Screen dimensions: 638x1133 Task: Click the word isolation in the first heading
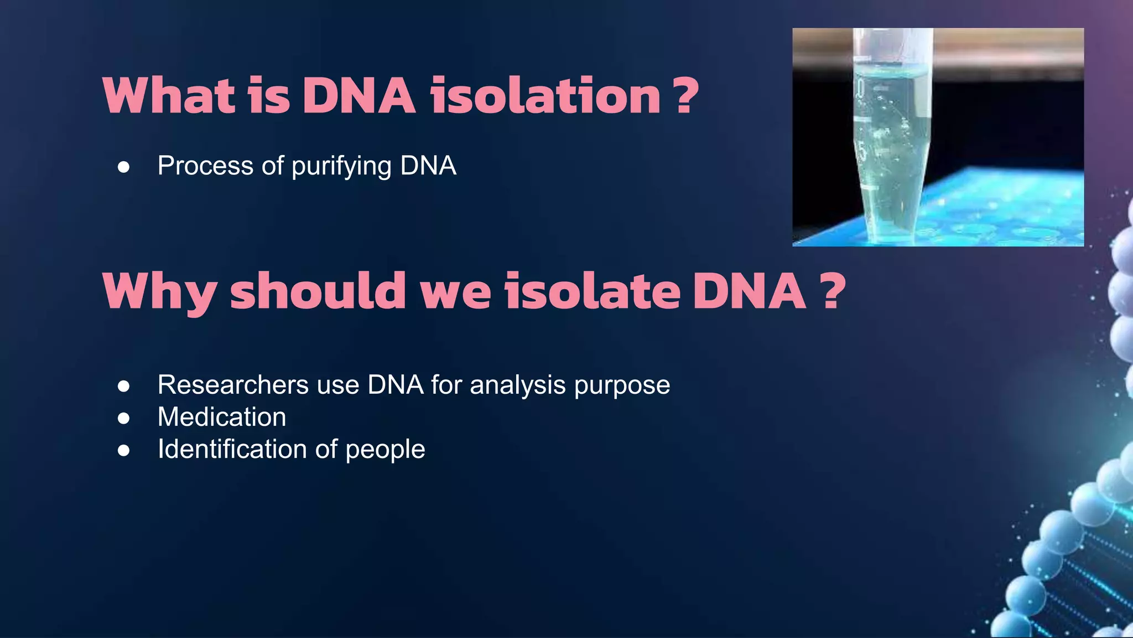pos(545,96)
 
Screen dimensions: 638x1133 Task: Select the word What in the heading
pos(169,96)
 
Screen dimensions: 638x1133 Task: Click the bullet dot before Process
pos(124,167)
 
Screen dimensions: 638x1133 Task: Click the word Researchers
pos(233,384)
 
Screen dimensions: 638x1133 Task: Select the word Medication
pos(222,416)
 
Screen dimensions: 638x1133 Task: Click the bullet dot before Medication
pos(124,418)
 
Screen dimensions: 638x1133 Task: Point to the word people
pos(385,450)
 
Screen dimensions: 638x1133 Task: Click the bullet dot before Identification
pos(124,450)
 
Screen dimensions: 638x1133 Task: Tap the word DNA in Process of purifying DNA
pos(428,166)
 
